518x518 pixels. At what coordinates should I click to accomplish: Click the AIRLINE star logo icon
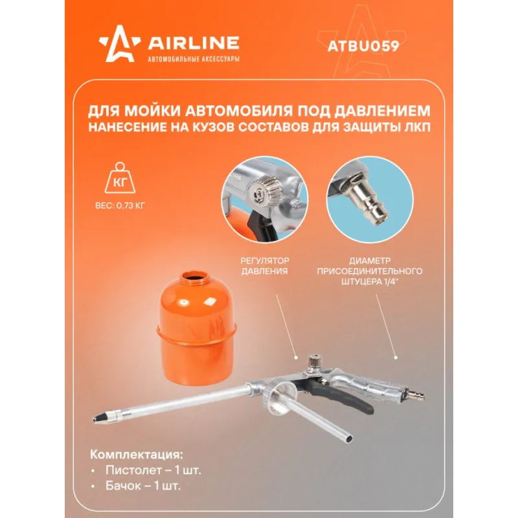pos(120,44)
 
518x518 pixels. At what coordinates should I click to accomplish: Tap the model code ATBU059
pos(363,46)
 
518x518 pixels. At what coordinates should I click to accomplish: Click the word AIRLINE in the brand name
pos(194,43)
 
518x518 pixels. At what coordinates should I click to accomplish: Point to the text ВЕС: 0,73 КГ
pos(120,205)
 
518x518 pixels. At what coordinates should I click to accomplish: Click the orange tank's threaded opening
pos(195,278)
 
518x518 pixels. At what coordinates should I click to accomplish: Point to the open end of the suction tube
pos(348,439)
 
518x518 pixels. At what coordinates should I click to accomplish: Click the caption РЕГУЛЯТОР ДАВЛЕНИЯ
pos(265,266)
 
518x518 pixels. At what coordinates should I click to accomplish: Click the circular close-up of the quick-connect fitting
pos(370,200)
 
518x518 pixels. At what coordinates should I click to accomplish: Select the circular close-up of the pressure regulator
pos(265,200)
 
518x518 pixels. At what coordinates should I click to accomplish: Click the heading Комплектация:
pos(137,455)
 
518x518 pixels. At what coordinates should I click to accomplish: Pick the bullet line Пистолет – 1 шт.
pos(153,470)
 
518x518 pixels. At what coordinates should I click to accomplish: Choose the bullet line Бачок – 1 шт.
pos(142,486)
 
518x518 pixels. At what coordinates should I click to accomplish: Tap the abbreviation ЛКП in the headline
pos(418,127)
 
